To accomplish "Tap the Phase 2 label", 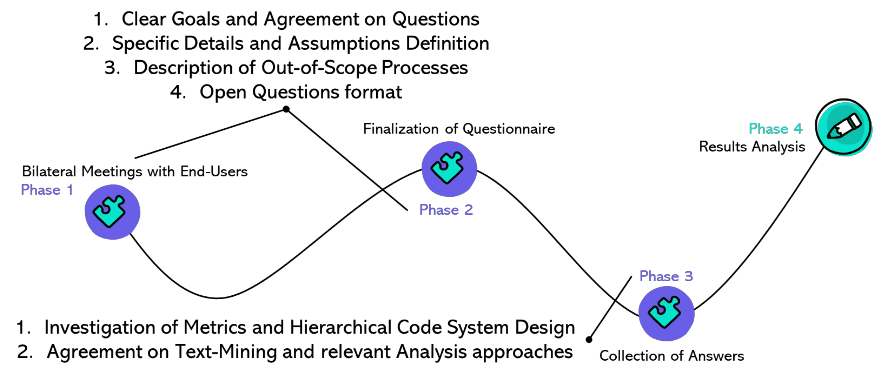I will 446,210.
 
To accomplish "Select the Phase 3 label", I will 666,276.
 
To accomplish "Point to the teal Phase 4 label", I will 775,129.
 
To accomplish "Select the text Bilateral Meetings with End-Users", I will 135,171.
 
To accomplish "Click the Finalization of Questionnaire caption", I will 459,129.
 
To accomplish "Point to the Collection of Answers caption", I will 671,356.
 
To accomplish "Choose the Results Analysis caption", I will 752,147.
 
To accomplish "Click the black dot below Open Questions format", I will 286,109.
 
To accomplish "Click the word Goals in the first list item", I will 196,19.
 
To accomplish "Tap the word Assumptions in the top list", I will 344,44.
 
